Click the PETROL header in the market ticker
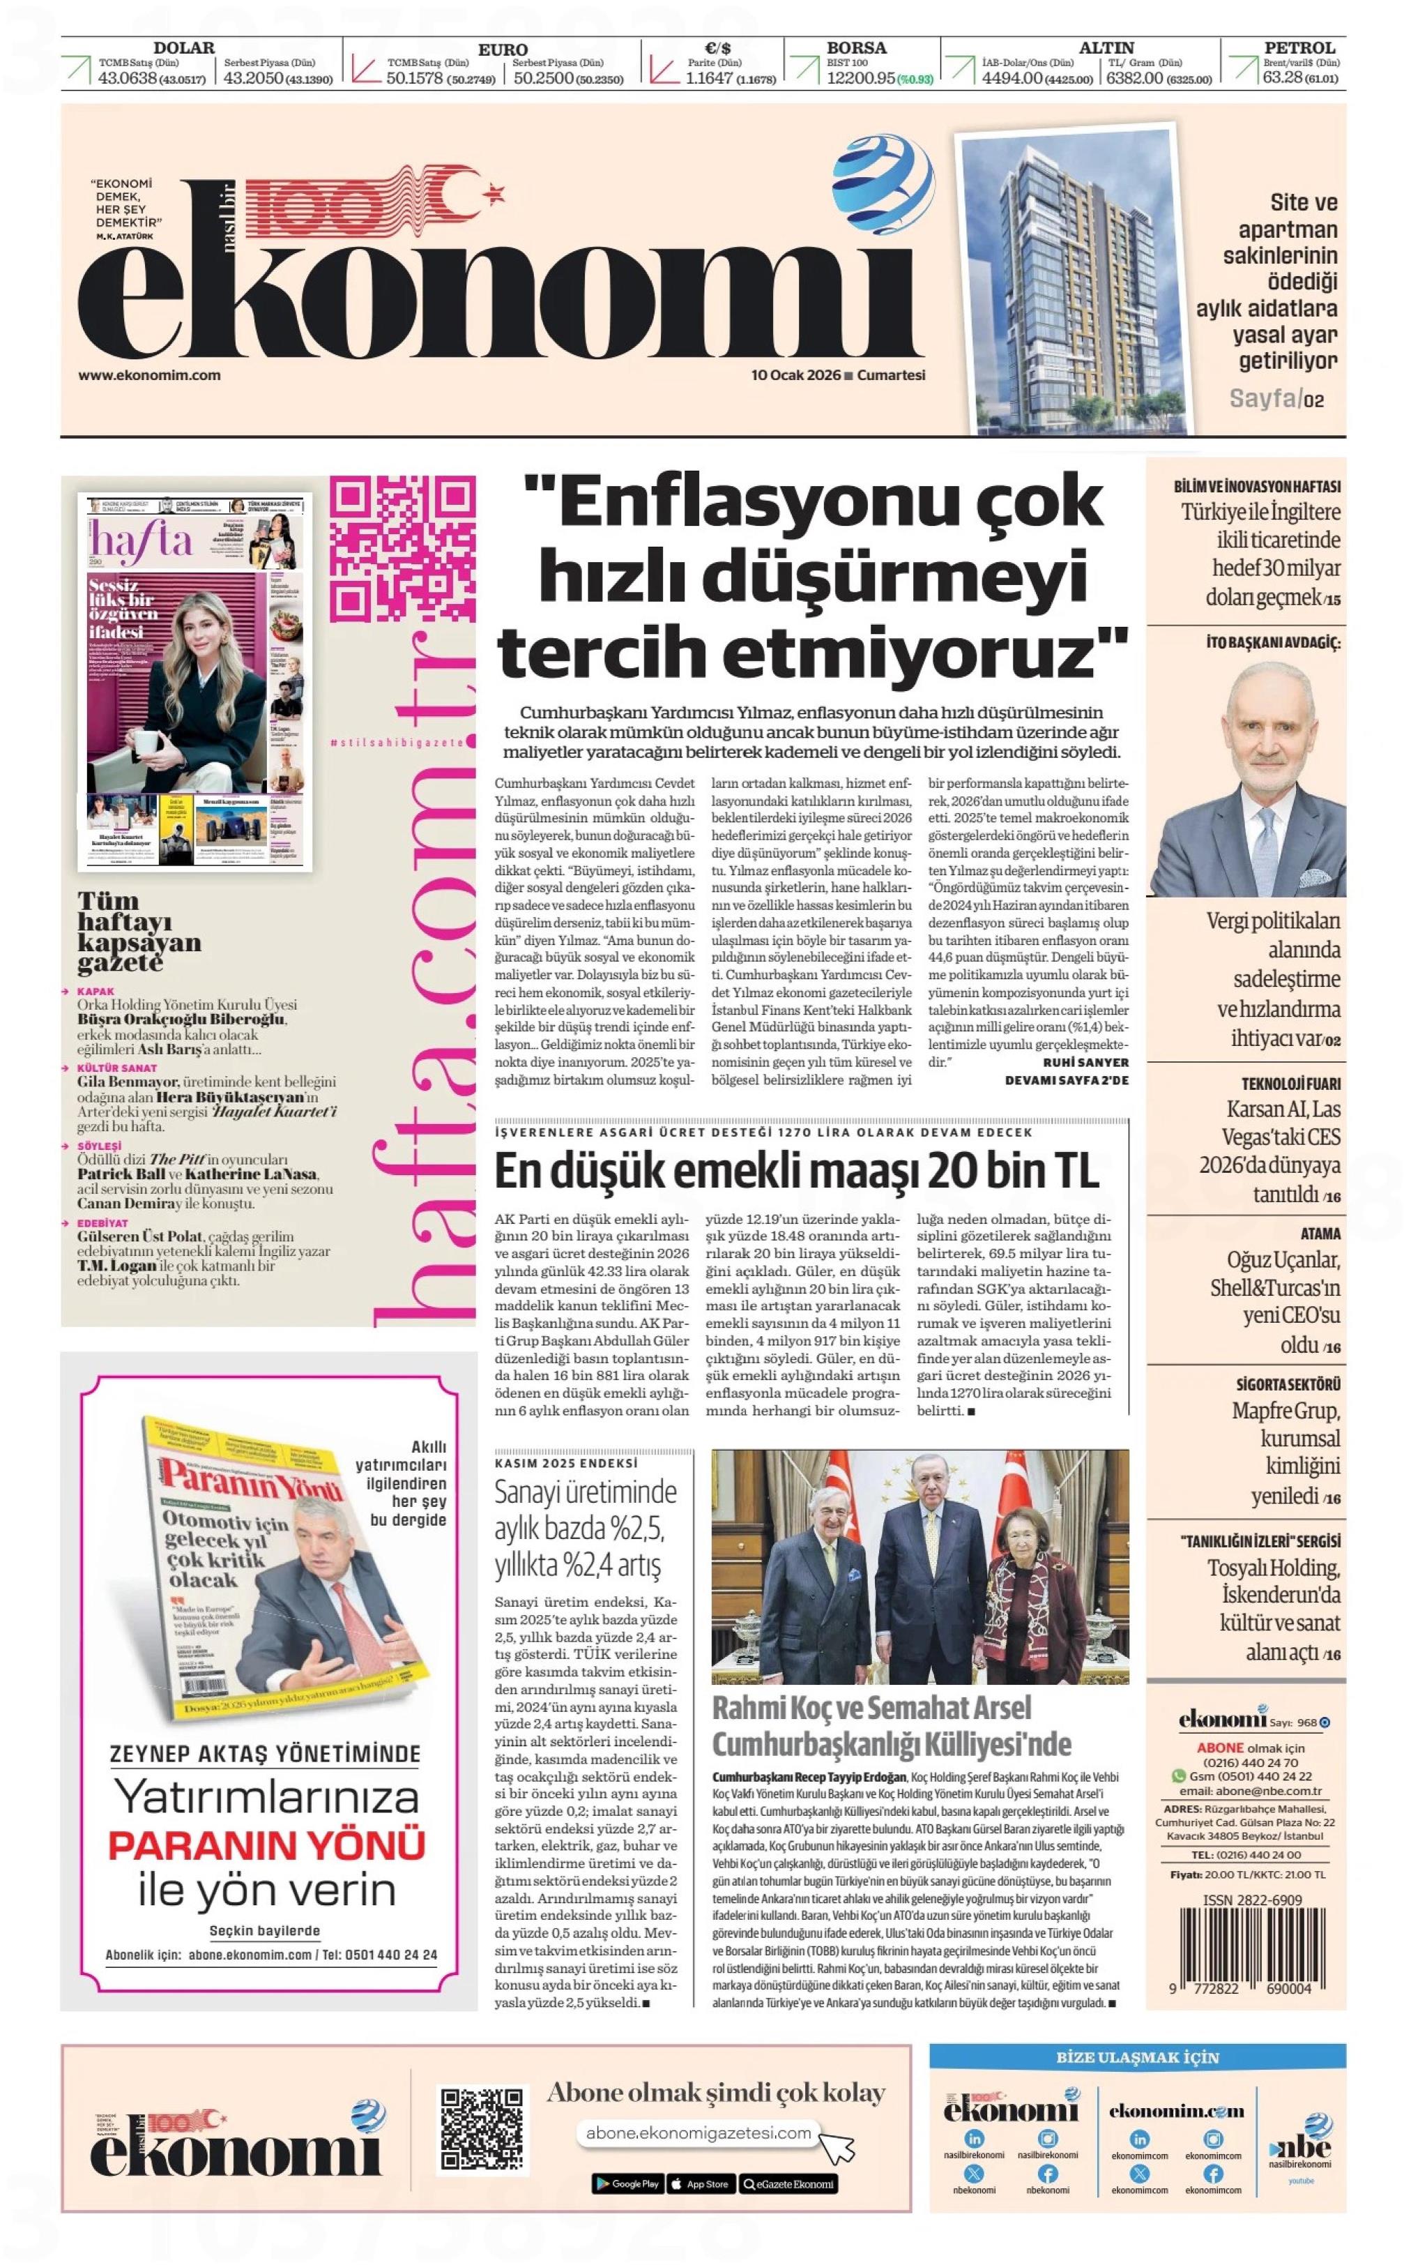(1299, 47)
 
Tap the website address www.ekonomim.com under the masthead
(148, 375)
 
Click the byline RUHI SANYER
(1085, 1061)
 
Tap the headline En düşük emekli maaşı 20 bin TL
(796, 1171)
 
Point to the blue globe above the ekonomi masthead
(882, 176)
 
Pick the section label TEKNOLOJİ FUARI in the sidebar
(1290, 1084)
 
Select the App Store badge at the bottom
(699, 2183)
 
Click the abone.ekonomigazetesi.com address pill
(699, 2133)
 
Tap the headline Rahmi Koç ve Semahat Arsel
(872, 1708)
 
